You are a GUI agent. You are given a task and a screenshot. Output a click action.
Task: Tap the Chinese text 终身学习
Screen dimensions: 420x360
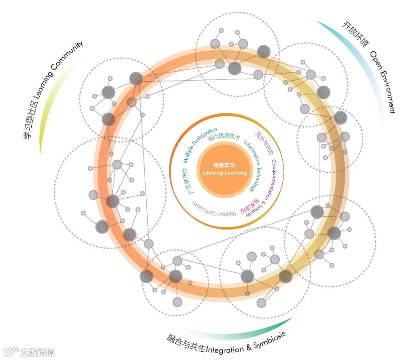point(224,165)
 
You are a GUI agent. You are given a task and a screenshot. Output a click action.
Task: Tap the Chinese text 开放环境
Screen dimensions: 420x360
point(354,34)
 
